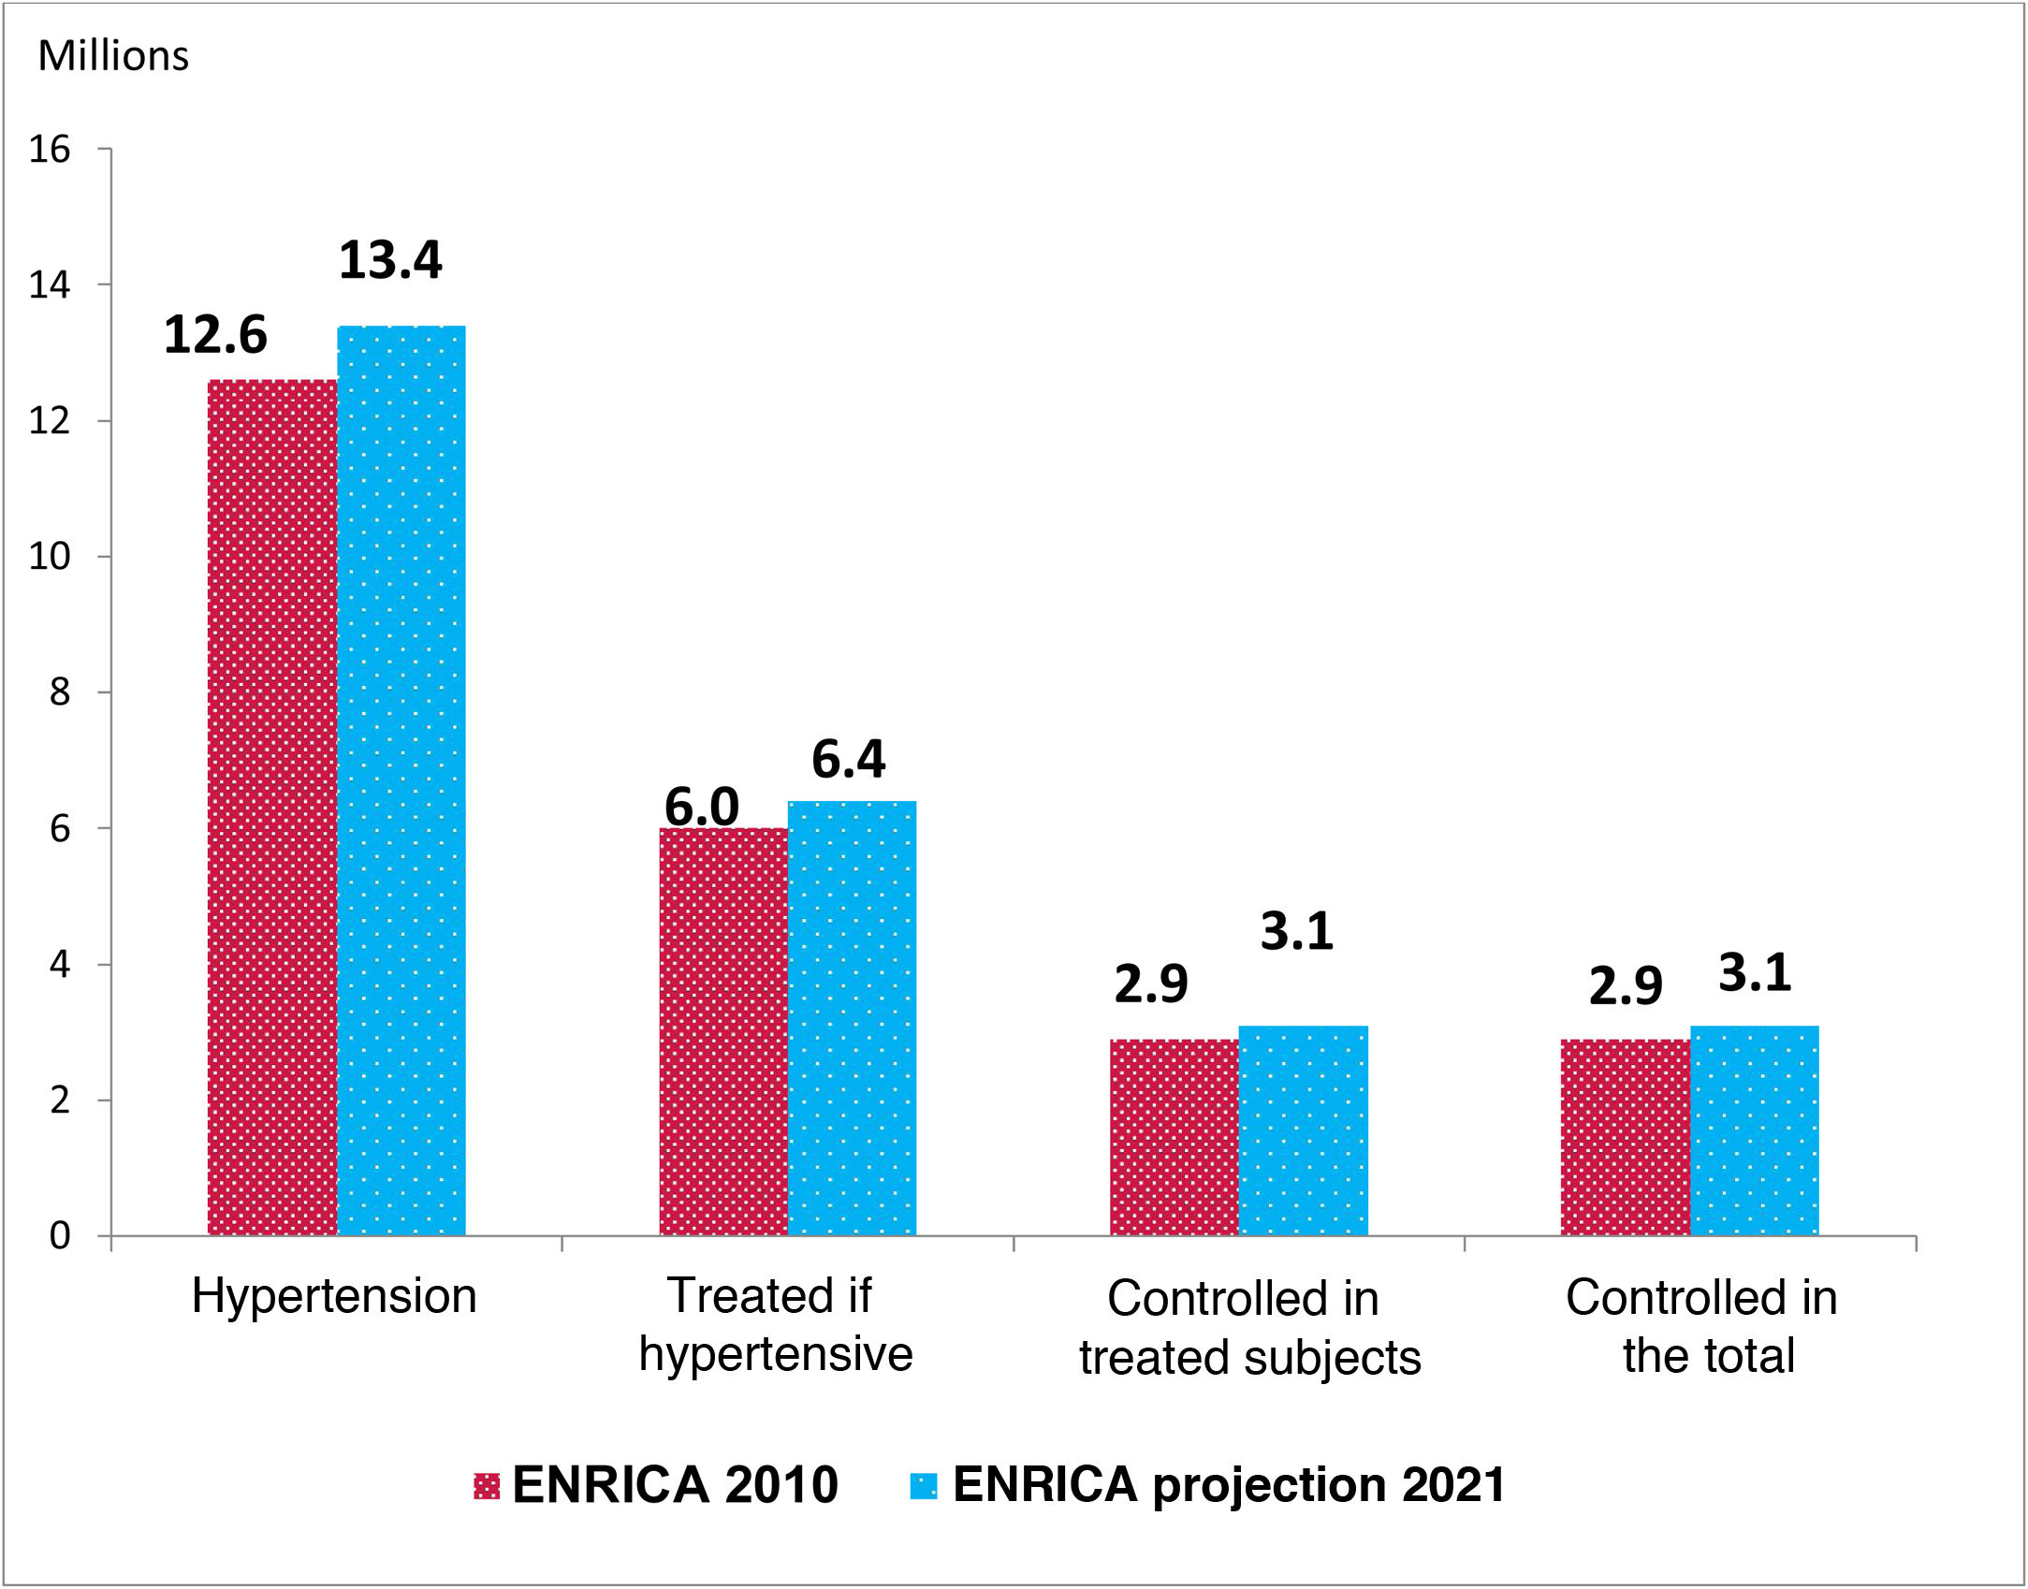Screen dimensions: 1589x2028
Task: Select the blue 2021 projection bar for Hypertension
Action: [401, 780]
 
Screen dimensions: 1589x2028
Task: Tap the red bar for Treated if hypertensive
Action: [723, 1031]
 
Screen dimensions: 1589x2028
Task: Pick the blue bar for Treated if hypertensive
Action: [852, 1018]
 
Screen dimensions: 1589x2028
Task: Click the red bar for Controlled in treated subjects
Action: [1174, 1137]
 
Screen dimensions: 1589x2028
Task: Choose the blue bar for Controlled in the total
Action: [1755, 1130]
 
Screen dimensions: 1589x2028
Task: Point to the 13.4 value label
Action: [390, 260]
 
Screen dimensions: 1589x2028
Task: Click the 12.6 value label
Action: [215, 335]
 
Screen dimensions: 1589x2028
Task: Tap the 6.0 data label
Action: [701, 806]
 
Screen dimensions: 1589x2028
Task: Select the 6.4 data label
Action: [848, 758]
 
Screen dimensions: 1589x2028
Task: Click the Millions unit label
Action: [113, 56]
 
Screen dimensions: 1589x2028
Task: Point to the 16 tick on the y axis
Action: [50, 149]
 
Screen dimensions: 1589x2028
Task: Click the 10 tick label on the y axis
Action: [50, 557]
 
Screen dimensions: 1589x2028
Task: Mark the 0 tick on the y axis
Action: [60, 1235]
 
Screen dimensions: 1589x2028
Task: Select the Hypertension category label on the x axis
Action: [334, 1297]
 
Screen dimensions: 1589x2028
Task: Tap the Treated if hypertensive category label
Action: [775, 1325]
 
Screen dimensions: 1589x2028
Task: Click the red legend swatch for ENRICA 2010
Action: [487, 1486]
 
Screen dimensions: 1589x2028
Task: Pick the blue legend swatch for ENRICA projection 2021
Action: [924, 1486]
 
